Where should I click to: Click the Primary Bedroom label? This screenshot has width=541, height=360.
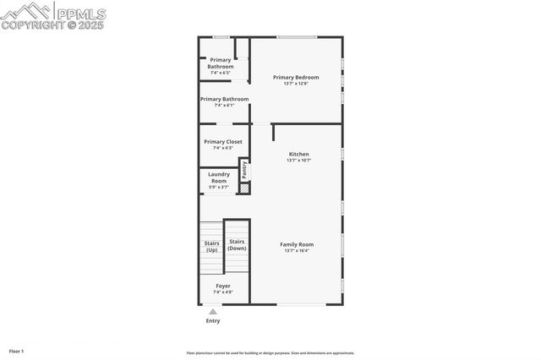296,77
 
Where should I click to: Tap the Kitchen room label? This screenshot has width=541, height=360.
299,154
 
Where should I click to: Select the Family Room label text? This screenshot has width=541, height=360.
297,244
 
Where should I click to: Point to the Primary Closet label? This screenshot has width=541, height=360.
223,142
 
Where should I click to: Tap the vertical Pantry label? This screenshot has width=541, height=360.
244,169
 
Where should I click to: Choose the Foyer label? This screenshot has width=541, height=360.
223,286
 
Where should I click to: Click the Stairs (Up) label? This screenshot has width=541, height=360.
211,247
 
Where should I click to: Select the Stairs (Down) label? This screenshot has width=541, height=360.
238,245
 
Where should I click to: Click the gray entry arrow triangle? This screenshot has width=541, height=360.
213,312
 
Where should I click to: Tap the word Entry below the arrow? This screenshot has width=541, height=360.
213,321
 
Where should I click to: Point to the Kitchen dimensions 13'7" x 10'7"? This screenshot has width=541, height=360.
299,160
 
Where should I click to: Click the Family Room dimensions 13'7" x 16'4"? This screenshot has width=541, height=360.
297,251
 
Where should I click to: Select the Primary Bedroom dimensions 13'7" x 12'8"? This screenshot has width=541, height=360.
296,83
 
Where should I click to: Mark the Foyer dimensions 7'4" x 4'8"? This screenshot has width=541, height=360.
223,292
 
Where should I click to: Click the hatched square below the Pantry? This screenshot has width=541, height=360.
244,188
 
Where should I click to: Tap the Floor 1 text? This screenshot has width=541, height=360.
17,351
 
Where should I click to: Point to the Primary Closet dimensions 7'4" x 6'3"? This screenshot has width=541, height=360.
223,148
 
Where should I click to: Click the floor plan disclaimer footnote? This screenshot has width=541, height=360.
270,353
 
